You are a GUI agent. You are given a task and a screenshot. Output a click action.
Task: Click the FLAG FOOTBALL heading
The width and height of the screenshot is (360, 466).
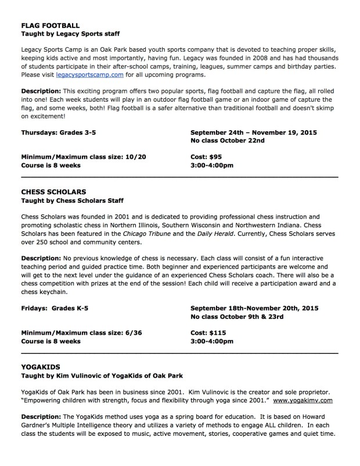tap(50, 26)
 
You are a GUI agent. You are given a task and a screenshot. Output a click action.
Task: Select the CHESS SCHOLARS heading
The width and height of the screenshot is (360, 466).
tap(53, 191)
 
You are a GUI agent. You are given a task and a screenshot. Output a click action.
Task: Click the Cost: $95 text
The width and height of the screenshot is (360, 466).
tap(206, 156)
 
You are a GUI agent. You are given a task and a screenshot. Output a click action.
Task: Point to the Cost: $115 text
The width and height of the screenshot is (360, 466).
tap(208, 332)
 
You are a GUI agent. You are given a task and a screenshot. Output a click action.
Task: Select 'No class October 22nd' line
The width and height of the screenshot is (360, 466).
tap(227, 141)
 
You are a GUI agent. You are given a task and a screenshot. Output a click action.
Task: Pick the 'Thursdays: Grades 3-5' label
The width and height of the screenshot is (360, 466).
tap(59, 132)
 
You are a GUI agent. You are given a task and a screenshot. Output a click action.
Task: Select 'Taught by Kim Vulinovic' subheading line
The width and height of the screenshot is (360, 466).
tap(102, 376)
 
